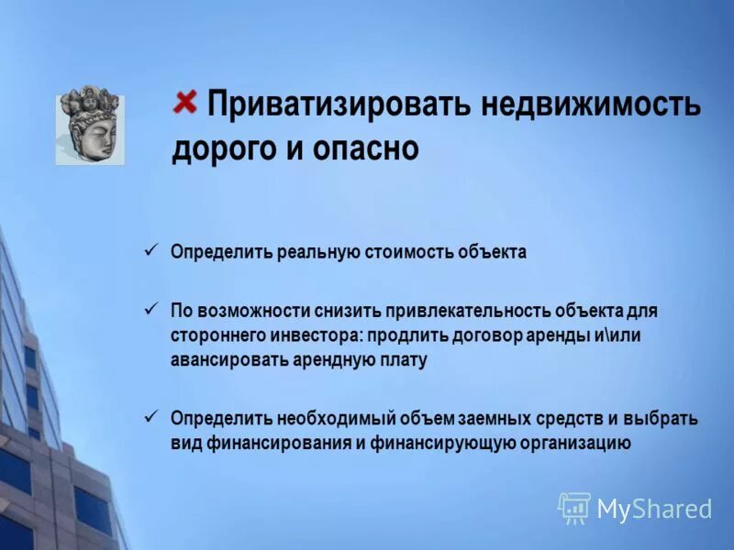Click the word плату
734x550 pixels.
click(x=405, y=360)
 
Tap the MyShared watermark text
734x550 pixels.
click(x=654, y=510)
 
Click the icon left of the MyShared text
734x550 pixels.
click(x=574, y=508)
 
